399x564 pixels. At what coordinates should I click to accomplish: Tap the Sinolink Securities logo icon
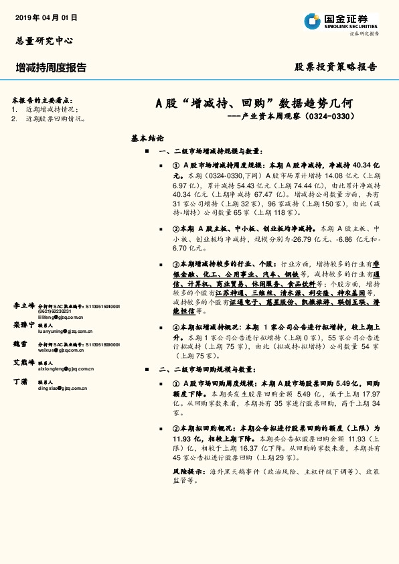tap(313, 21)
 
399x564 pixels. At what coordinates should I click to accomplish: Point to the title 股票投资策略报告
tap(336, 67)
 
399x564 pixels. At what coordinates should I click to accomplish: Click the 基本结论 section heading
tap(147, 138)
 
